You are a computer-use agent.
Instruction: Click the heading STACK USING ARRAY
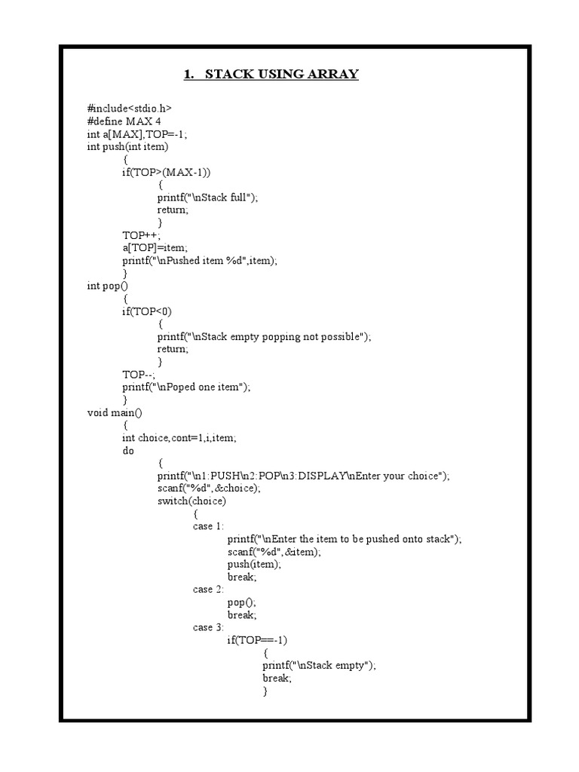(x=271, y=74)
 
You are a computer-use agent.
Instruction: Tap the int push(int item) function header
(x=128, y=147)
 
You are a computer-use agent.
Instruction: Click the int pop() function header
(x=109, y=286)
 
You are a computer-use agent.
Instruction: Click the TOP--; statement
(x=139, y=375)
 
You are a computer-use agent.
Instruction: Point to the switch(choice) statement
(x=191, y=501)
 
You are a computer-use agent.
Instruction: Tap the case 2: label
(x=208, y=590)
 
